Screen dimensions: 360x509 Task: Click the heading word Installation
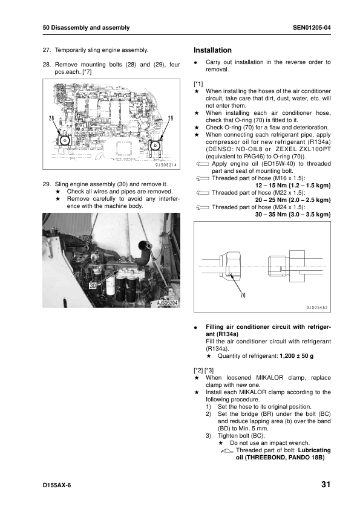[212, 50]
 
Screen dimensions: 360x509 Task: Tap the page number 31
[326, 484]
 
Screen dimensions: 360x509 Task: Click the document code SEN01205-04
[312, 28]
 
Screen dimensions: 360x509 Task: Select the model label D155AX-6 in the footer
[56, 485]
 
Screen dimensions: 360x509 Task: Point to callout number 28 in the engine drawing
[51, 118]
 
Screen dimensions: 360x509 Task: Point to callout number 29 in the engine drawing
[171, 118]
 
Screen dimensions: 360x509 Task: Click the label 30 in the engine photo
[93, 286]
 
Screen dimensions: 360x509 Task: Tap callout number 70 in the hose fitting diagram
[243, 296]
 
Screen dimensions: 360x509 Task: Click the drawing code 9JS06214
[166, 165]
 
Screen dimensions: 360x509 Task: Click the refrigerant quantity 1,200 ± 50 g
[296, 356]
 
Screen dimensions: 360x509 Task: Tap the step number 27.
[47, 50]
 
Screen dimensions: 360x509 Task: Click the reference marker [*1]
[198, 84]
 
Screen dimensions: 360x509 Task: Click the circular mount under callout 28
[65, 141]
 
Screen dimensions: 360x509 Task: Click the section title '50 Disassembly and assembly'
[86, 28]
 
